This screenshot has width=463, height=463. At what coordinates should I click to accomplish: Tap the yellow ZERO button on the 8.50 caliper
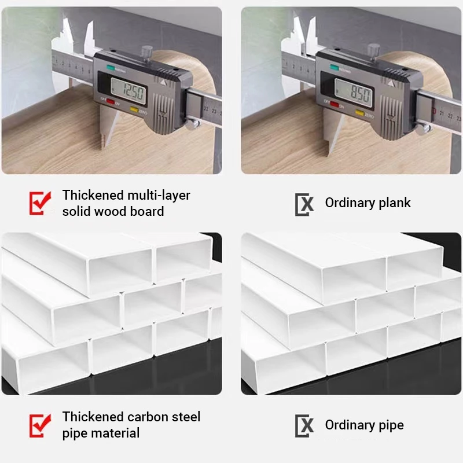click(363, 112)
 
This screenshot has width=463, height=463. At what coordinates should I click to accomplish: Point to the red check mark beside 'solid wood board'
click(39, 203)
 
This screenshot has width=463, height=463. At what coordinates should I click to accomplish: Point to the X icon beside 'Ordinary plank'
click(304, 203)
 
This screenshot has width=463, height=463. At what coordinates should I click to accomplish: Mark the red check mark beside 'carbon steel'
click(39, 425)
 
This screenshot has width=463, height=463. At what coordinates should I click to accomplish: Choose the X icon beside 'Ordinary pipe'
click(304, 425)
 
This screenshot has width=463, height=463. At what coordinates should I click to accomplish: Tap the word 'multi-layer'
click(159, 195)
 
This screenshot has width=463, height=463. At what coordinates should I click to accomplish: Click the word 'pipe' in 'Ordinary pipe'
click(389, 425)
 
